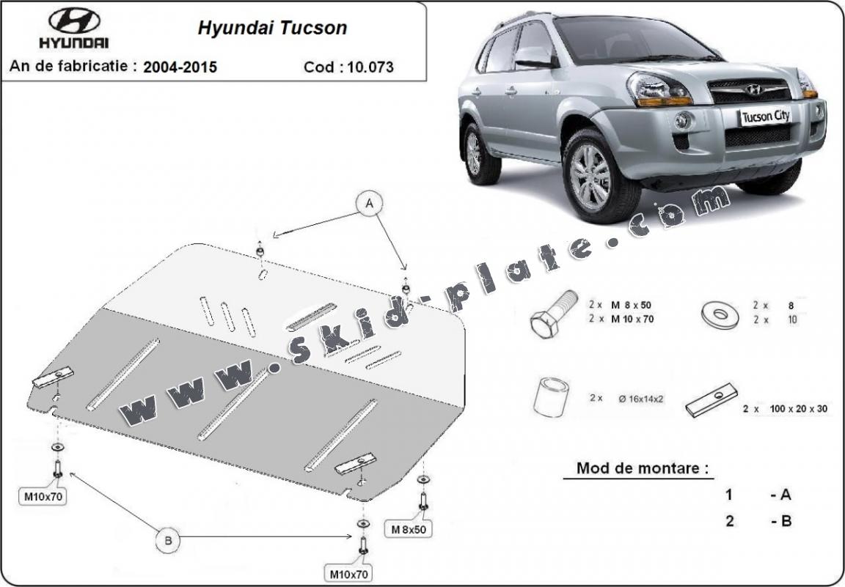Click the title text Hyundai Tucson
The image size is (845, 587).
pyautogui.click(x=272, y=29)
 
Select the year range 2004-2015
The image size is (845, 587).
pyautogui.click(x=180, y=67)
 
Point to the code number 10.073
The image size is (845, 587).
pyautogui.click(x=370, y=67)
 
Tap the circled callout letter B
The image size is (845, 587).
pyautogui.click(x=168, y=541)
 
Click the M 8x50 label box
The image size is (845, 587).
pyautogui.click(x=408, y=528)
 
